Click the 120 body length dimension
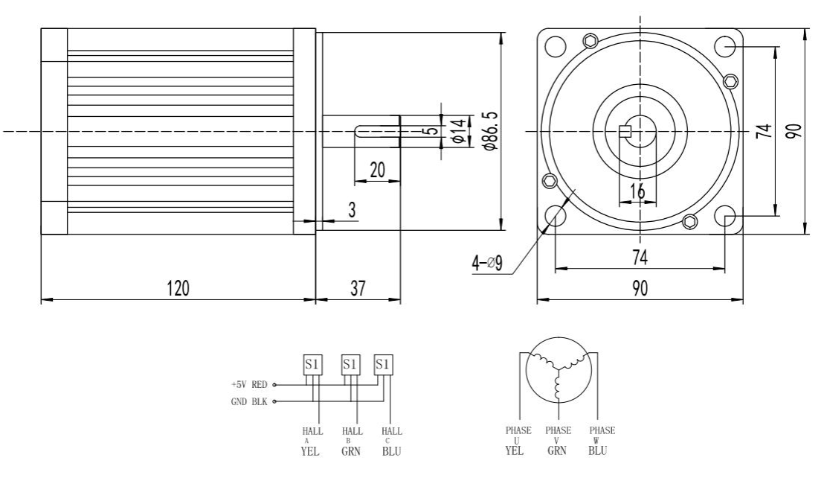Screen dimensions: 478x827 pos(178,289)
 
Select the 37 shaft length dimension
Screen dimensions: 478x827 pos(358,289)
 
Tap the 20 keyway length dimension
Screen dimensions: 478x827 pos(377,170)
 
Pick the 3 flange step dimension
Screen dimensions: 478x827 pos(353,210)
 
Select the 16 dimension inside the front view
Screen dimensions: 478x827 pos(637,191)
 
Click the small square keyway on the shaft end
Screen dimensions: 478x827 pos(625,132)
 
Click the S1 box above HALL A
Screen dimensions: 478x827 pos(312,365)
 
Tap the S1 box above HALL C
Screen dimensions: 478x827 pos(383,365)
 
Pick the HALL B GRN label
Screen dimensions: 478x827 pos(351,440)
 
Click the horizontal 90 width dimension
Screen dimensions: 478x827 pos(640,289)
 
